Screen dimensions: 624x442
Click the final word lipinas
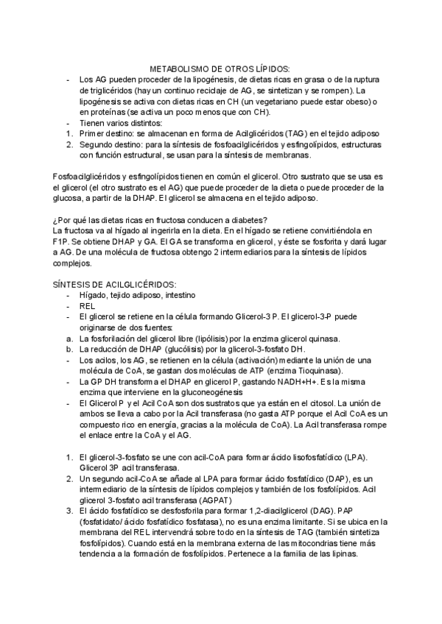click(x=341, y=556)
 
